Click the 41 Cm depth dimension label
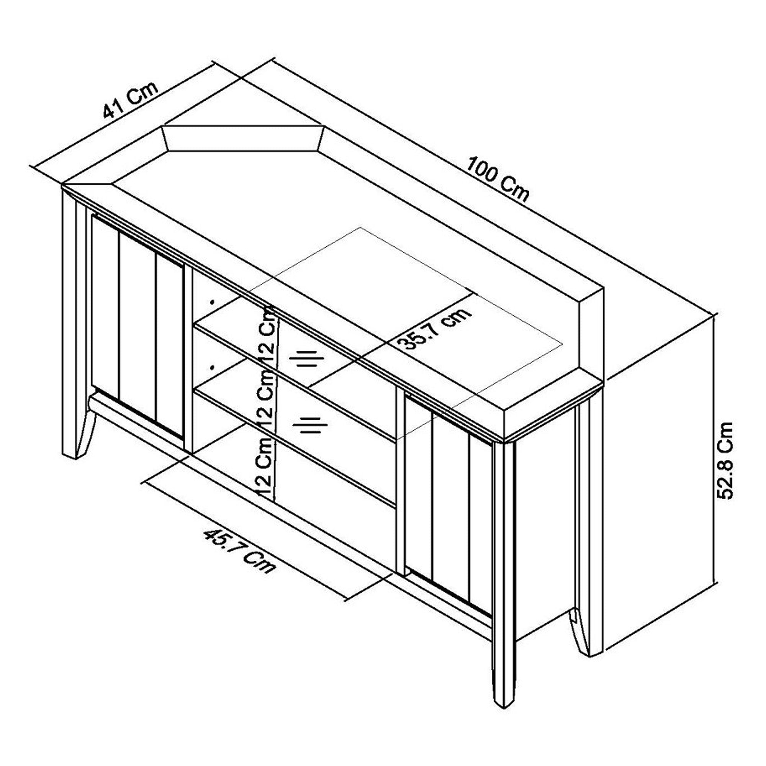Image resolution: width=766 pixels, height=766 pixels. tap(131, 100)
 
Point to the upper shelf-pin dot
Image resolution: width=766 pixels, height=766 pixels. tap(213, 302)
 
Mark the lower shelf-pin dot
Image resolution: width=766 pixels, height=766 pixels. tap(213, 367)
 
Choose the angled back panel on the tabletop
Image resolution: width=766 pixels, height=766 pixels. tap(244, 138)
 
